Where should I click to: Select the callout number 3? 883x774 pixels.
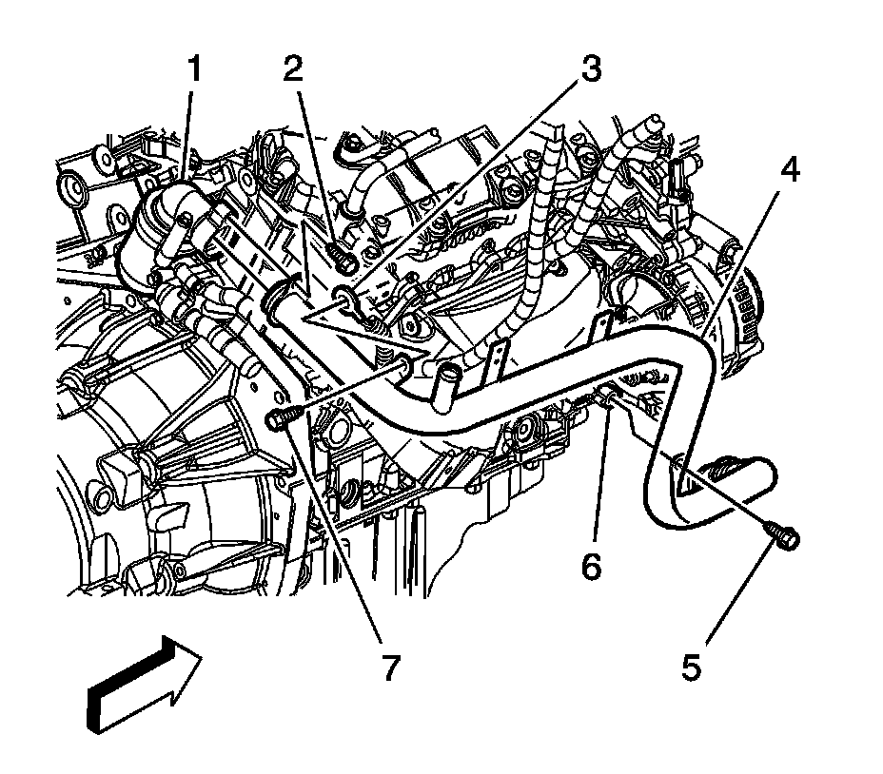(x=592, y=70)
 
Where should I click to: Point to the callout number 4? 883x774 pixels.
(x=789, y=172)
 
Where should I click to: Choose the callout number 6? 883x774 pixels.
(x=592, y=567)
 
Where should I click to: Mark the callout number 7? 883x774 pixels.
(x=389, y=667)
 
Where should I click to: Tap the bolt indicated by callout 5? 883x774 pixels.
(x=786, y=538)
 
